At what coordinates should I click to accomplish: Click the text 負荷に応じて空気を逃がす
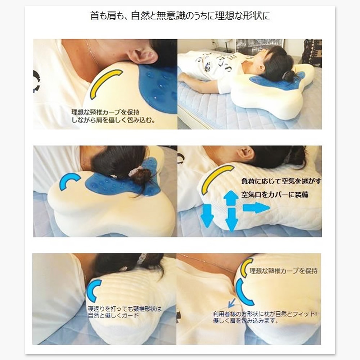(281, 181)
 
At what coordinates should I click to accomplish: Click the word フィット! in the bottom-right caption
(306, 314)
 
